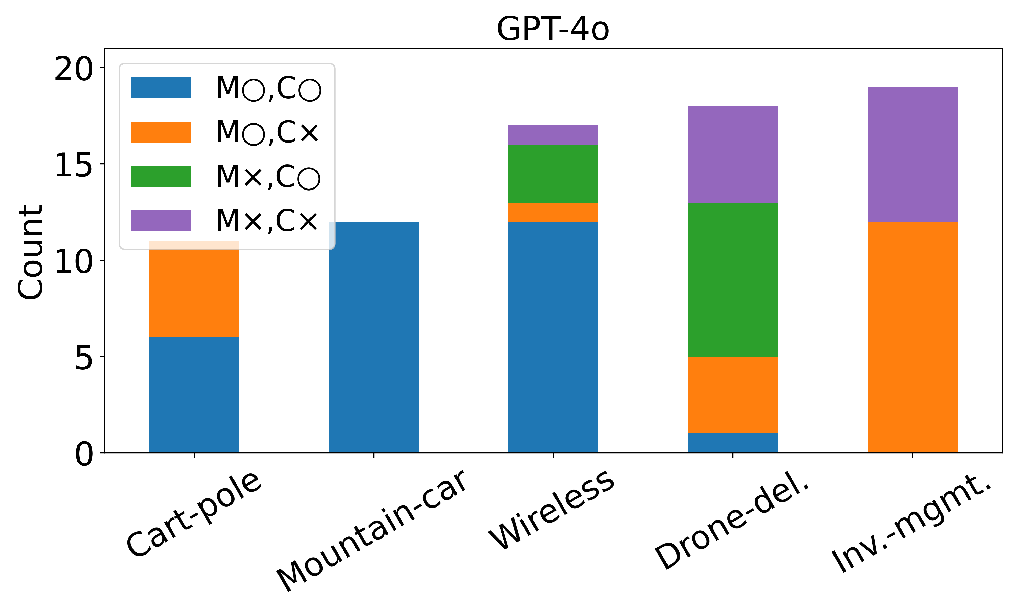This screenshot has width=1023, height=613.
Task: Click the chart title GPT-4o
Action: [553, 29]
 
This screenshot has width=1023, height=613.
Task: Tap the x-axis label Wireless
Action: [552, 510]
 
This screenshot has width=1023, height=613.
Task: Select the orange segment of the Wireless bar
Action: [553, 212]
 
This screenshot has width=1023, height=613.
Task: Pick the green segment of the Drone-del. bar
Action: [733, 279]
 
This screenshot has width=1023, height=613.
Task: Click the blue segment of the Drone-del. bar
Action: [733, 443]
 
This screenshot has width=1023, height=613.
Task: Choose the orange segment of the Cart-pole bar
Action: [194, 289]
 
